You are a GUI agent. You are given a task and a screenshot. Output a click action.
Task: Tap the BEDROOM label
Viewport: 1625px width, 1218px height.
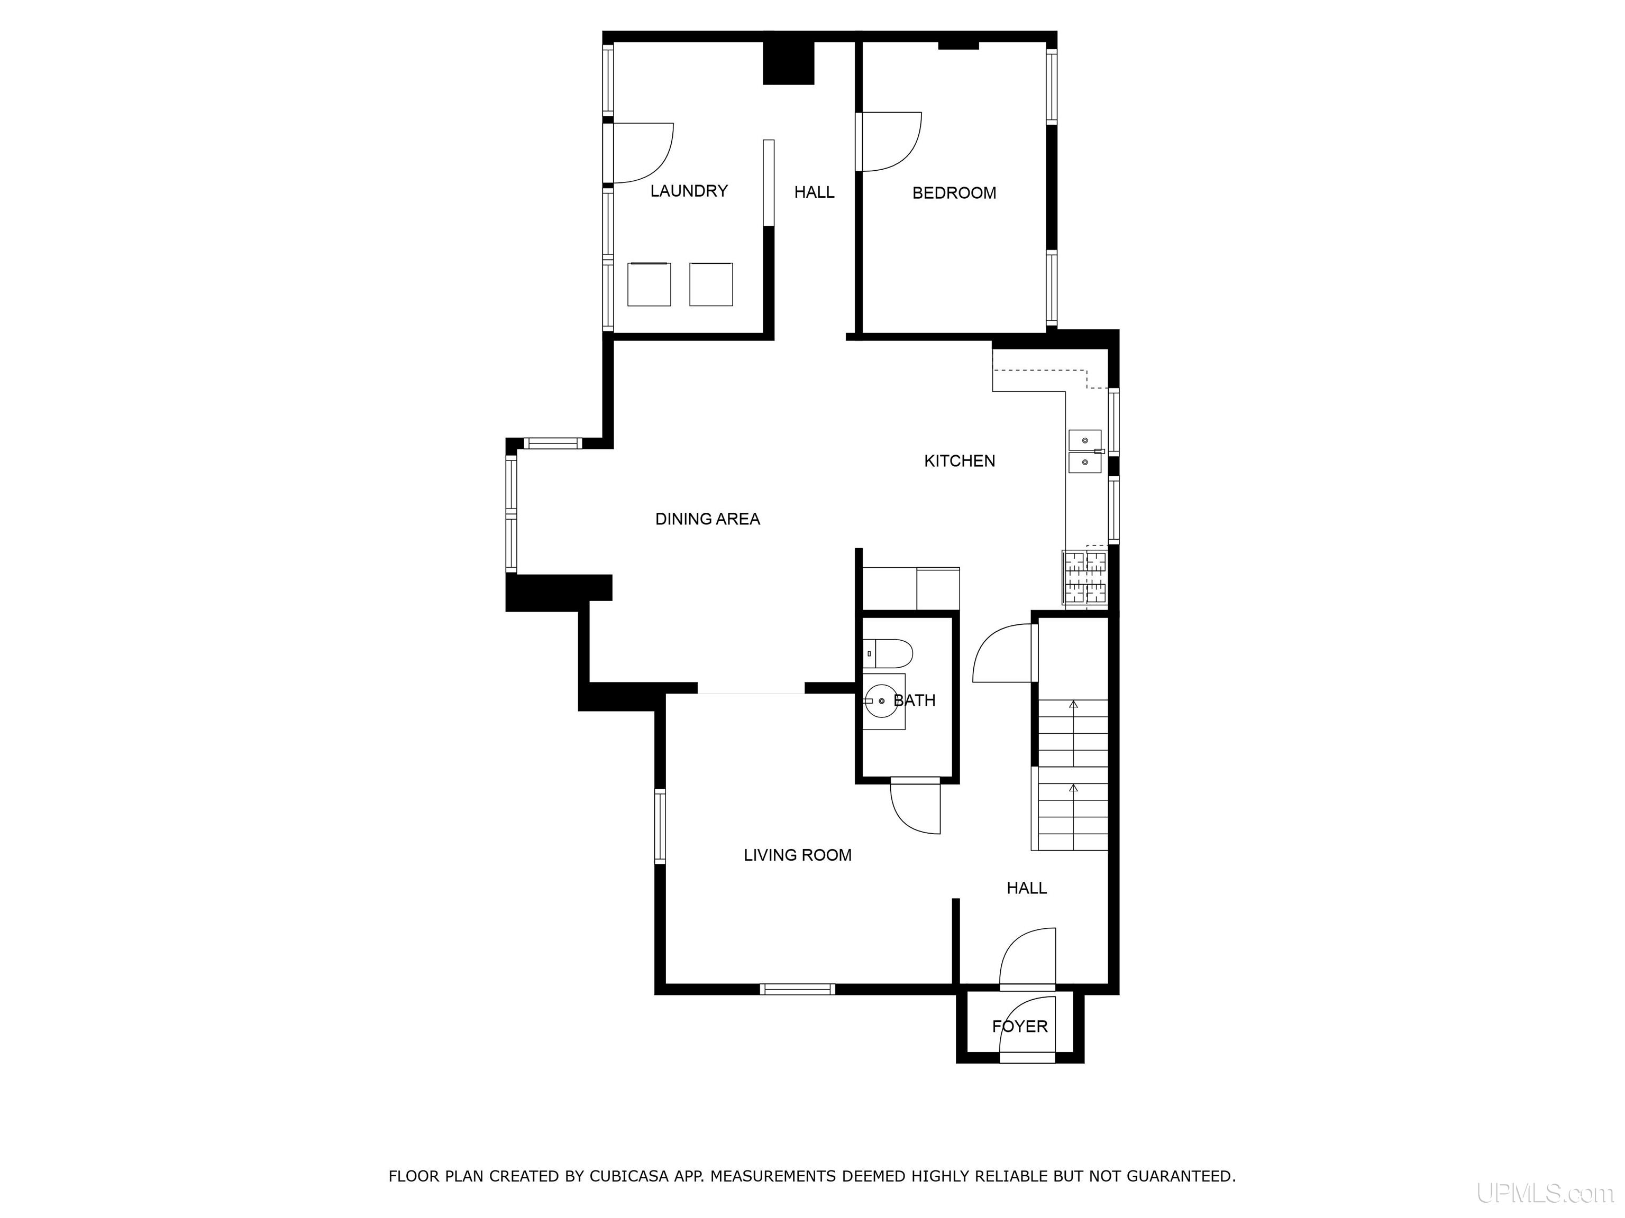tap(954, 193)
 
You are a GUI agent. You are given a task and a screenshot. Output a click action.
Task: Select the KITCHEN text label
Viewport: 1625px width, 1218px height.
tap(960, 461)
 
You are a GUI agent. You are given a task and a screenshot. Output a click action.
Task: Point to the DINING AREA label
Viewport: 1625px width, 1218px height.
tap(707, 519)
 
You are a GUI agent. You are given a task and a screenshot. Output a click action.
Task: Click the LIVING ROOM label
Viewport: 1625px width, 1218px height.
tap(798, 855)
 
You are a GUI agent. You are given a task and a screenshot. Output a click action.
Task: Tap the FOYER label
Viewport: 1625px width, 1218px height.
tap(1020, 1027)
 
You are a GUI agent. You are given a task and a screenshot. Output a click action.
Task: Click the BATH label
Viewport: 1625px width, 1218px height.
tap(915, 700)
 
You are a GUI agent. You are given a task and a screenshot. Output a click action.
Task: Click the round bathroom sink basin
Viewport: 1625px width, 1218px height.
tap(881, 701)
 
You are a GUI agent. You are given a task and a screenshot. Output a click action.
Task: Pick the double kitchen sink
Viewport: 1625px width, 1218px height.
tap(1085, 451)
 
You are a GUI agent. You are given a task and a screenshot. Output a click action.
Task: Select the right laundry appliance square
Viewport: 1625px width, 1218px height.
tap(710, 284)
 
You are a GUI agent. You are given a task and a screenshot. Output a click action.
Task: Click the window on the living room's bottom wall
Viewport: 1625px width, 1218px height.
tap(798, 989)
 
